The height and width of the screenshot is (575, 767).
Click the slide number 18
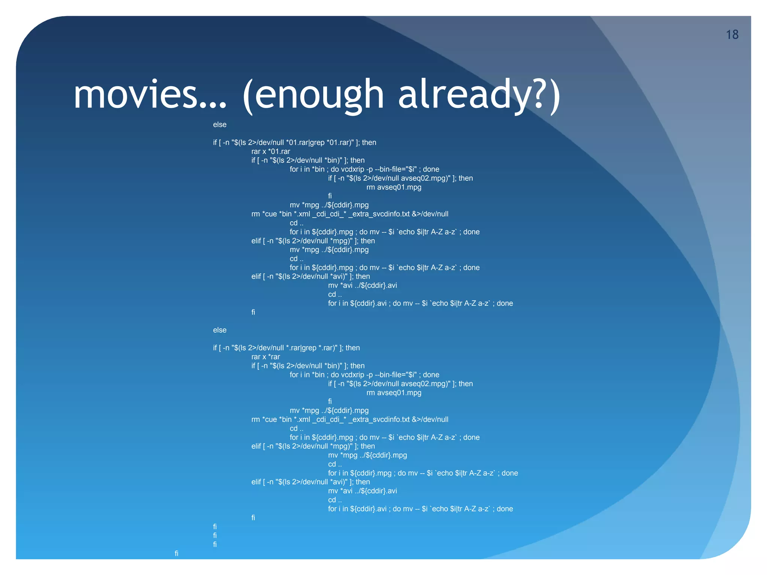[x=732, y=35]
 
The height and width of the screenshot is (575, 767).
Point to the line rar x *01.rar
[x=271, y=152]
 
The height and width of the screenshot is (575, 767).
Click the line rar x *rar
[x=266, y=357]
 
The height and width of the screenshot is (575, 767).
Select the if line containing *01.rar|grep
[x=294, y=143]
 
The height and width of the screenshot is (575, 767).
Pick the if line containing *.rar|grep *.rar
[x=286, y=348]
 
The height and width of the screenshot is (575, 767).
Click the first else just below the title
[x=219, y=125]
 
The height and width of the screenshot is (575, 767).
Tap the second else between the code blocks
[x=219, y=330]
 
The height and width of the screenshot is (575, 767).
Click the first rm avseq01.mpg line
[x=394, y=187]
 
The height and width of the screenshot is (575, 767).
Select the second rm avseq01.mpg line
[x=394, y=393]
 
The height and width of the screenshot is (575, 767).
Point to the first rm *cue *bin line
[x=350, y=214]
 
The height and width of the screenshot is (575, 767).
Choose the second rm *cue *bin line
[x=350, y=420]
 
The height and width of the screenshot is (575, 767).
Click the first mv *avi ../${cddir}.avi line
[x=362, y=286]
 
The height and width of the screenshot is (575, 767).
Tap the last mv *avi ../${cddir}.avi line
[x=362, y=491]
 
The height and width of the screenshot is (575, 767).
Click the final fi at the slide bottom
[x=176, y=553]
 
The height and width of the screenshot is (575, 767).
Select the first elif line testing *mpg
[x=313, y=241]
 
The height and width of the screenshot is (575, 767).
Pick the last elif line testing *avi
[x=310, y=482]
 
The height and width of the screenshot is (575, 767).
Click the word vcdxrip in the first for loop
[x=352, y=169]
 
